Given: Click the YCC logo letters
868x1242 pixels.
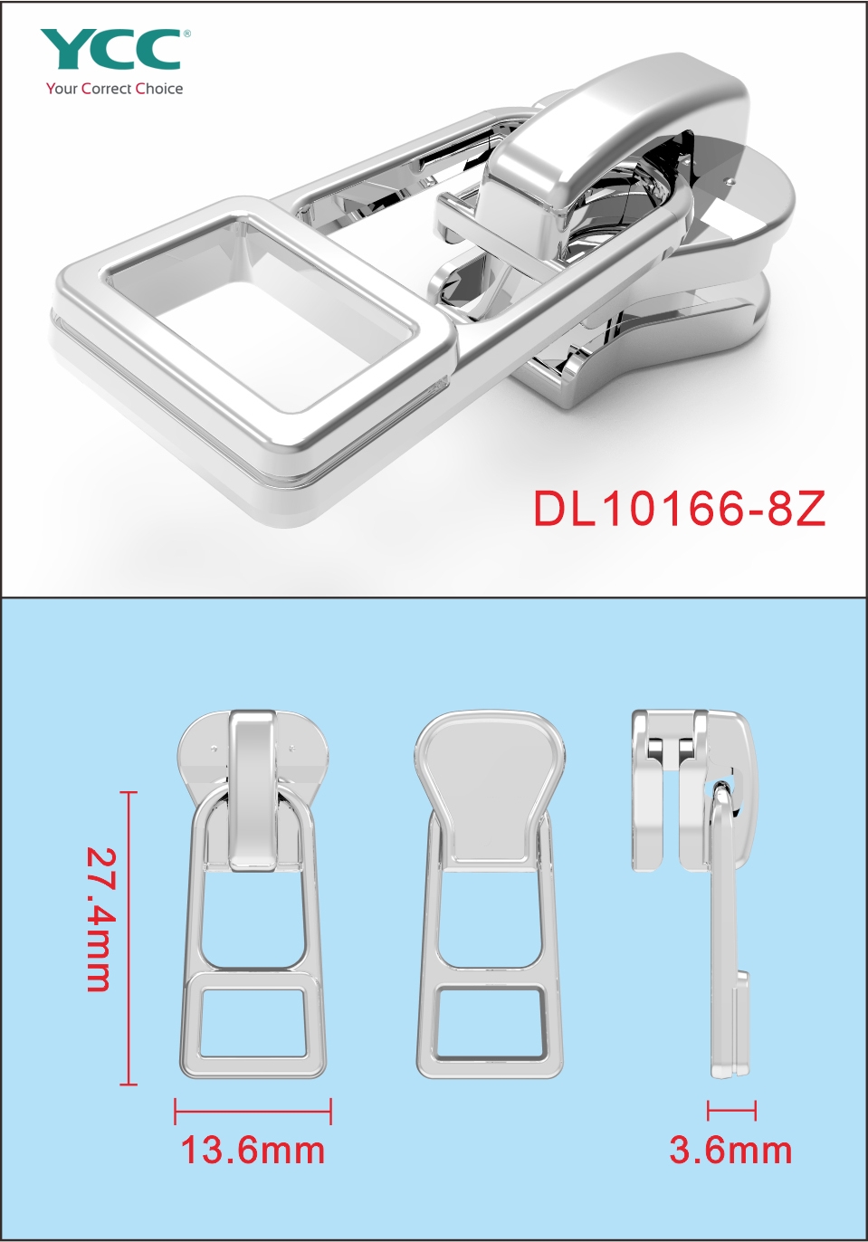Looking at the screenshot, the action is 110,50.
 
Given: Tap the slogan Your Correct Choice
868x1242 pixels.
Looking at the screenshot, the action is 115,89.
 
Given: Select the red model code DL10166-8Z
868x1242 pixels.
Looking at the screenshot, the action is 680,510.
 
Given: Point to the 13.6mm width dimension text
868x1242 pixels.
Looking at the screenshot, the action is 253,1150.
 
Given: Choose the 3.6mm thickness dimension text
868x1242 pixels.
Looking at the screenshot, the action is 730,1150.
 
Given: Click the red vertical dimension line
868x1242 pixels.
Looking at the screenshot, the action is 129,938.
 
